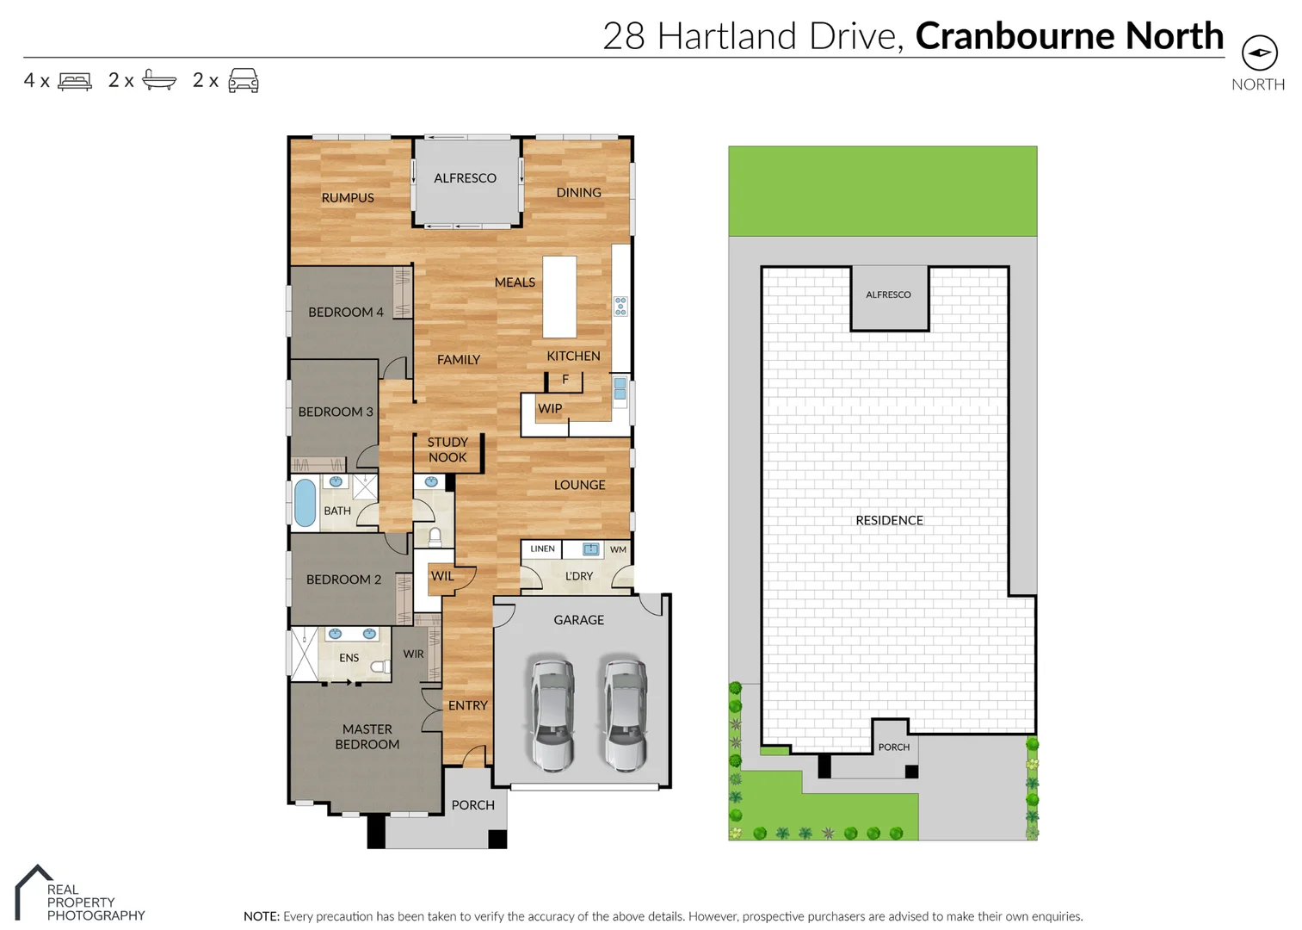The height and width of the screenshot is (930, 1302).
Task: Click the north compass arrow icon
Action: pos(1259,53)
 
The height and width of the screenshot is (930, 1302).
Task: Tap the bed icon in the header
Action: pos(75,81)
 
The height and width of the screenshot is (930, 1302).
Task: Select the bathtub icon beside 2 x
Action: pos(159,80)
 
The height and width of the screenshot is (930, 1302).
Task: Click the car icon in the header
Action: pos(244,80)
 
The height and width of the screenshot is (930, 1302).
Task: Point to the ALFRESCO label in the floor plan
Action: pos(465,178)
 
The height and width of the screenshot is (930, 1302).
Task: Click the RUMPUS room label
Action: pos(348,198)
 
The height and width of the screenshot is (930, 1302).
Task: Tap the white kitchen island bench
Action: pos(559,296)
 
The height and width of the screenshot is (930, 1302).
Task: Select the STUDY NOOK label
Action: pos(447,449)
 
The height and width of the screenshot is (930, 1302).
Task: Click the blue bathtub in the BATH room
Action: pos(305,502)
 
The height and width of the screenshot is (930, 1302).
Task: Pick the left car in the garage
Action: pos(552,714)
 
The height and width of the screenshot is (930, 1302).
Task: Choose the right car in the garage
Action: pos(625,714)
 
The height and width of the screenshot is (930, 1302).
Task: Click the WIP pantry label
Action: pos(550,409)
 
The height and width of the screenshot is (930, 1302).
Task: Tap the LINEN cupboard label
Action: pos(542,549)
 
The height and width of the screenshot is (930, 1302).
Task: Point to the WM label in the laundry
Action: pos(618,549)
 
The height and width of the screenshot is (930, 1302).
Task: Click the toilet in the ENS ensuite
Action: pos(379,666)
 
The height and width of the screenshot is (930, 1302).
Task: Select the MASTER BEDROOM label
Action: pos(367,736)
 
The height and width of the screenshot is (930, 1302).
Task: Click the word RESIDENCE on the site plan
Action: pos(889,520)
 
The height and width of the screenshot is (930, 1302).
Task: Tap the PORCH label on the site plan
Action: pos(893,747)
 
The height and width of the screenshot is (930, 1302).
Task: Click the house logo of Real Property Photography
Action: pos(33,891)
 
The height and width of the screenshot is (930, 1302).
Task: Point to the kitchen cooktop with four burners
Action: pos(620,306)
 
